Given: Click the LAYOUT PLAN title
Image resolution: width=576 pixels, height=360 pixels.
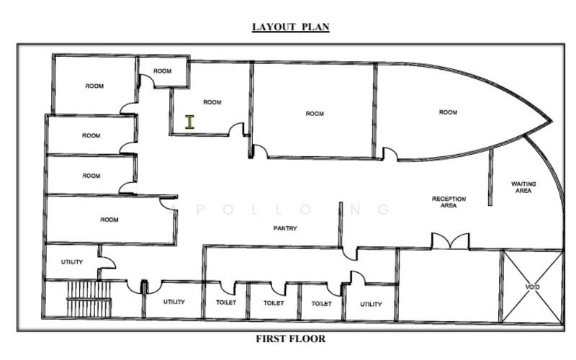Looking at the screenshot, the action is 291,27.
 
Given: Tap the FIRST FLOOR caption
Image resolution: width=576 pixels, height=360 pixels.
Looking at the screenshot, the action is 291,338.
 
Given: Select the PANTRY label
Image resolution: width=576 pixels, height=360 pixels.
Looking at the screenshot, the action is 285,228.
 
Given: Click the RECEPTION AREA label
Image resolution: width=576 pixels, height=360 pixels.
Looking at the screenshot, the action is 449,202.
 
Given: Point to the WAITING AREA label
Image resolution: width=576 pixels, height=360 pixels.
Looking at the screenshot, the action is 523,187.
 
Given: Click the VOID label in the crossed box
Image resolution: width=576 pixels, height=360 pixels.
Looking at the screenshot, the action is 532,287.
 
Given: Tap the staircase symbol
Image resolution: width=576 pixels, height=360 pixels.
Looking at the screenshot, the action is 89,299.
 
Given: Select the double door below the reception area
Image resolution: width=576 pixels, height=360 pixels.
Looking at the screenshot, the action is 450,241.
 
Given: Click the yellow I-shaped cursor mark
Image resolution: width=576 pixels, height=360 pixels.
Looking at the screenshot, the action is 189,122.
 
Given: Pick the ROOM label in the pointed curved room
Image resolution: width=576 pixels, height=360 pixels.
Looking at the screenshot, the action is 448,112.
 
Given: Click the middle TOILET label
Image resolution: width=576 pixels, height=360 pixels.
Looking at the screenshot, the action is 274,303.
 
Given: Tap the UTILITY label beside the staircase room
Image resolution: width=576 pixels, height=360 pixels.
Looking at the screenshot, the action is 174,302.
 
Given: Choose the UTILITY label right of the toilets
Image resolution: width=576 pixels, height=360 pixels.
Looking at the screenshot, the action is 371,304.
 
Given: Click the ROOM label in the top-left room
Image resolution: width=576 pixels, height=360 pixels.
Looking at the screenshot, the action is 94,86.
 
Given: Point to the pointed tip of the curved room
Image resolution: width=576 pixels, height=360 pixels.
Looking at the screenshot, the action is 552,121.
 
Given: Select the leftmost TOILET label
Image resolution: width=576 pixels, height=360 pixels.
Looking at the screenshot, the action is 226,302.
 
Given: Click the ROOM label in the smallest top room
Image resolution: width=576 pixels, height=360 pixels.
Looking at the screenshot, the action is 163,71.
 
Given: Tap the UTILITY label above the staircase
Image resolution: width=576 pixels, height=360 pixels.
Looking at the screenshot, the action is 71,262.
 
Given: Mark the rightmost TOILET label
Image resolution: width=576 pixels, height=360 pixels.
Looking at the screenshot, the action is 321,303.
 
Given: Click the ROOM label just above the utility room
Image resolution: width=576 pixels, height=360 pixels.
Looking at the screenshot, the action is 109,220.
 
